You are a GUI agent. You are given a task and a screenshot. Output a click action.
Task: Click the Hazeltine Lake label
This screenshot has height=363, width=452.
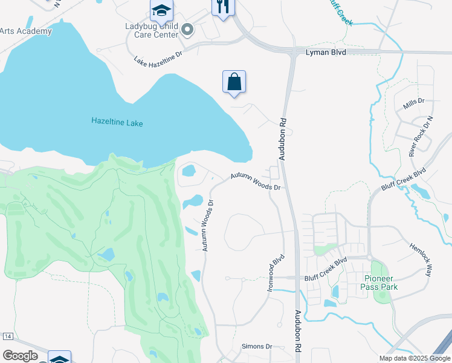point(117,122)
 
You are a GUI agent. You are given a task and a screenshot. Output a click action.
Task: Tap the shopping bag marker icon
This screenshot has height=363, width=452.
point(234,82)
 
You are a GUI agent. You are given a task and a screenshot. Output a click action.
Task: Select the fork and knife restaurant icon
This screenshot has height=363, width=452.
point(222,7)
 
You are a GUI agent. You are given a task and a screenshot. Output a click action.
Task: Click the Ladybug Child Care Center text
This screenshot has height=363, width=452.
point(152,31)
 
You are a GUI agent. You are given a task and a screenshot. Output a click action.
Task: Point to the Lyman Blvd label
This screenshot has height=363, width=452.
point(326,53)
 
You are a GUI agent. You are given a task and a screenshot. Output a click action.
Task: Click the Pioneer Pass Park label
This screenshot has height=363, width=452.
point(380,283)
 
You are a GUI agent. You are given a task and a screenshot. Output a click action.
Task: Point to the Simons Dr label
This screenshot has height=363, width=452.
point(257,346)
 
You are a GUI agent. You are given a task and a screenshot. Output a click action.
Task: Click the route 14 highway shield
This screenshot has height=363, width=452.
point(8,336)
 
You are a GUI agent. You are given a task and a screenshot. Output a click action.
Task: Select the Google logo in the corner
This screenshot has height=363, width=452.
point(21,356)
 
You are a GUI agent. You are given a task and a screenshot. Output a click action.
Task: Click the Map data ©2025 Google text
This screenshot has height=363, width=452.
point(413,358)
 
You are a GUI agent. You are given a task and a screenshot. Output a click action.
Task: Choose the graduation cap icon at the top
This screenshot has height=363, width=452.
point(161,10)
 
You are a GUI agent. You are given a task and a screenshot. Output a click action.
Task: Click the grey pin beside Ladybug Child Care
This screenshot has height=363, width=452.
point(187,29)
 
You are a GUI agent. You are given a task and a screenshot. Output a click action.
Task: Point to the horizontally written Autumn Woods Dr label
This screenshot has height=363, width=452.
point(255,183)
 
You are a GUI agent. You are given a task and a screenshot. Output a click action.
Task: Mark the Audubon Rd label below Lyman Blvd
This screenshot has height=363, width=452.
point(282,139)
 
